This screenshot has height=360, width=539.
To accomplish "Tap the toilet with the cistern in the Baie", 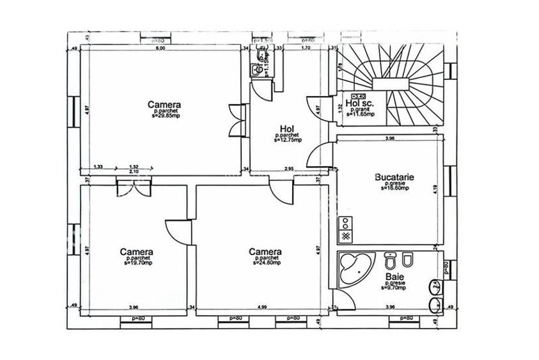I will click(388, 262).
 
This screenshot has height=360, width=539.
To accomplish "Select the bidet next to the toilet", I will click(407, 262).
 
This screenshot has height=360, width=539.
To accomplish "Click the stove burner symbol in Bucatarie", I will click(346, 223).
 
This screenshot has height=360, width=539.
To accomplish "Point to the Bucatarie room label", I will click(391, 179).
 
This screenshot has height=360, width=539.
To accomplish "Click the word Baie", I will click(392, 278).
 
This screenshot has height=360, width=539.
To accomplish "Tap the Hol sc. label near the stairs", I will click(359, 103).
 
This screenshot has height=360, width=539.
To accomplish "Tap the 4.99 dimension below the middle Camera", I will click(263, 307).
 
